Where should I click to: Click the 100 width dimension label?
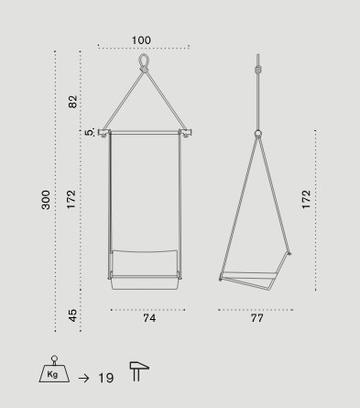pyautogui.click(x=141, y=40)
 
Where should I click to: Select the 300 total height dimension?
pyautogui.click(x=46, y=200)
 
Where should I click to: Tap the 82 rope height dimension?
pyautogui.click(x=72, y=102)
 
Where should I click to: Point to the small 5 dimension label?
pyautogui.click(x=89, y=133)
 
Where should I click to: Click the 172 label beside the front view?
pyautogui.click(x=71, y=200)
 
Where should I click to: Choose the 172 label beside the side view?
pyautogui.click(x=306, y=200)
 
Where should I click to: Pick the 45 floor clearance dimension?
pyautogui.click(x=72, y=315)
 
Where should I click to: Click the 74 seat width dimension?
pyautogui.click(x=149, y=318)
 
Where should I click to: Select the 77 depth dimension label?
pyautogui.click(x=257, y=318)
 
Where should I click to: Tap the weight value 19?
pyautogui.click(x=106, y=378)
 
